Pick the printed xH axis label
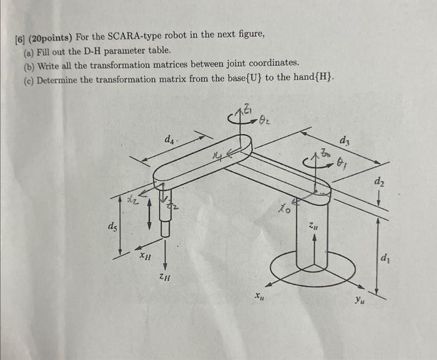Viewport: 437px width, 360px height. coord(144,255)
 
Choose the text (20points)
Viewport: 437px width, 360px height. coord(50,34)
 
